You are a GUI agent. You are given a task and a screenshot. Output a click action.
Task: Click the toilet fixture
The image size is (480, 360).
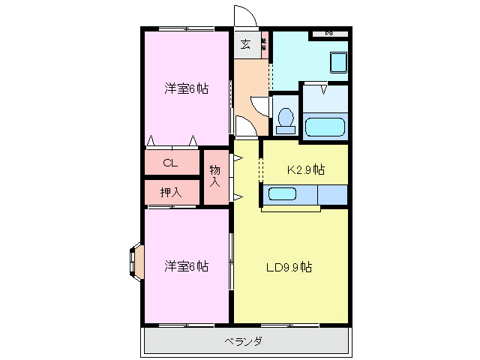(285, 119)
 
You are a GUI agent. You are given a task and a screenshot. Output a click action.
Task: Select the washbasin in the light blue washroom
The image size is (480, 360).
(339, 62)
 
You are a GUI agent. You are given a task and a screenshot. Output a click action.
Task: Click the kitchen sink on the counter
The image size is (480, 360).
(283, 194)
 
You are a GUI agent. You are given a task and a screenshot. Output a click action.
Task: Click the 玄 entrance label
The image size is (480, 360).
(245, 43)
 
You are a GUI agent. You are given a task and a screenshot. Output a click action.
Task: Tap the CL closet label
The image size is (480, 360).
(170, 162)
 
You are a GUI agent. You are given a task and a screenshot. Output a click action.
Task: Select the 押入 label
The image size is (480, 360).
(170, 192)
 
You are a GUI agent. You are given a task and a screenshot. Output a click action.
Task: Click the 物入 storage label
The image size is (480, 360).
(215, 176)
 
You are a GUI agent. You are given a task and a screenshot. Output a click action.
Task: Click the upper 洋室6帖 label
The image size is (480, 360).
(186, 88)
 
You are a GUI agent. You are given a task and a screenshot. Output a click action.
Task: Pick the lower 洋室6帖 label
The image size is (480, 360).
(186, 266)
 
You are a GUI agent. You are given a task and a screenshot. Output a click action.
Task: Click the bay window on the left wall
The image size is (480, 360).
(135, 262)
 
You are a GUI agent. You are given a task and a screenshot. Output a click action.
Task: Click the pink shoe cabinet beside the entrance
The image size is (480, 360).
(264, 43)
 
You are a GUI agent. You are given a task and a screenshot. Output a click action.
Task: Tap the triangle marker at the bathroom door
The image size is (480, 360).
(324, 89)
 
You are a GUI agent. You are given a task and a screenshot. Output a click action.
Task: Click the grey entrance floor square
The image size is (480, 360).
(245, 43)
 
